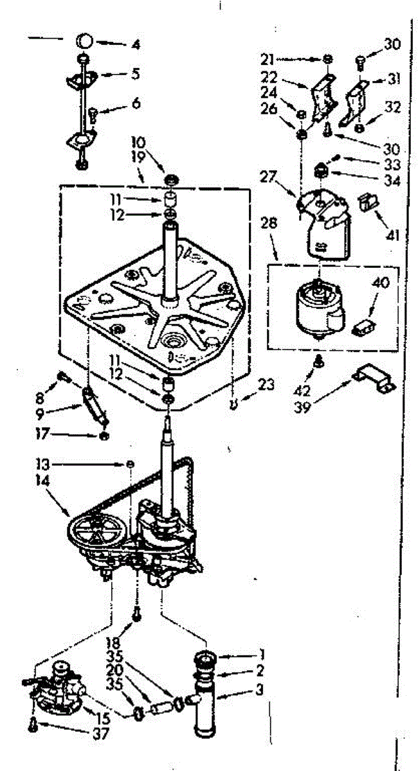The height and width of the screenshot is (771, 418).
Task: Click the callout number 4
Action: (136, 46)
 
